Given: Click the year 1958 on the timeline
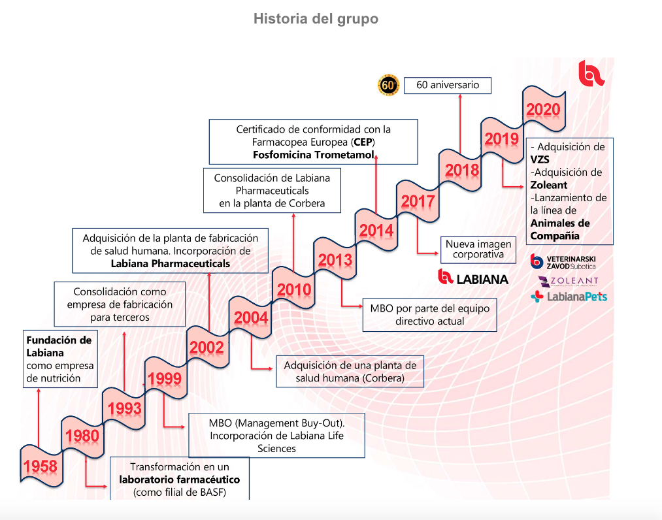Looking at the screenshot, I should point(41,466).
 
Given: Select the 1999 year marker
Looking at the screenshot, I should point(165,379).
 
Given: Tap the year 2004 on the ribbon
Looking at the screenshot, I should point(251,318).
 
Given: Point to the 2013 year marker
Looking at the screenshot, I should point(335,261).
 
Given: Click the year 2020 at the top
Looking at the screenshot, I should point(543,110).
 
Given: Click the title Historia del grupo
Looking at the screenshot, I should point(316,19).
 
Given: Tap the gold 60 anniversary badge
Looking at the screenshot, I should point(388,85).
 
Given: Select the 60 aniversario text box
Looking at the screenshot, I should point(448,85).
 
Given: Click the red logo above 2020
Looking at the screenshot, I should point(591,73).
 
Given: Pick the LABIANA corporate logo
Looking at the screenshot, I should point(473,277).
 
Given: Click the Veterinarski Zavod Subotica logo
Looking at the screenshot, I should point(563,263).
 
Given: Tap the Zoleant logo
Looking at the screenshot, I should point(567,281).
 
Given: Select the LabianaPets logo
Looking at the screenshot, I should point(569,297).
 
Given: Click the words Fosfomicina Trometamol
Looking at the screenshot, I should point(314,155).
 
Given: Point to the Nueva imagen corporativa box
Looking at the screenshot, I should point(478,249).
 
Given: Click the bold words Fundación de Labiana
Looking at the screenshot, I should point(58,346).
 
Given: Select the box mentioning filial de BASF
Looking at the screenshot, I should point(180,479).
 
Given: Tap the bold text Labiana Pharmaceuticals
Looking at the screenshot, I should point(171,263).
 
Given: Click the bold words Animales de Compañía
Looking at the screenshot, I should point(561,229).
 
